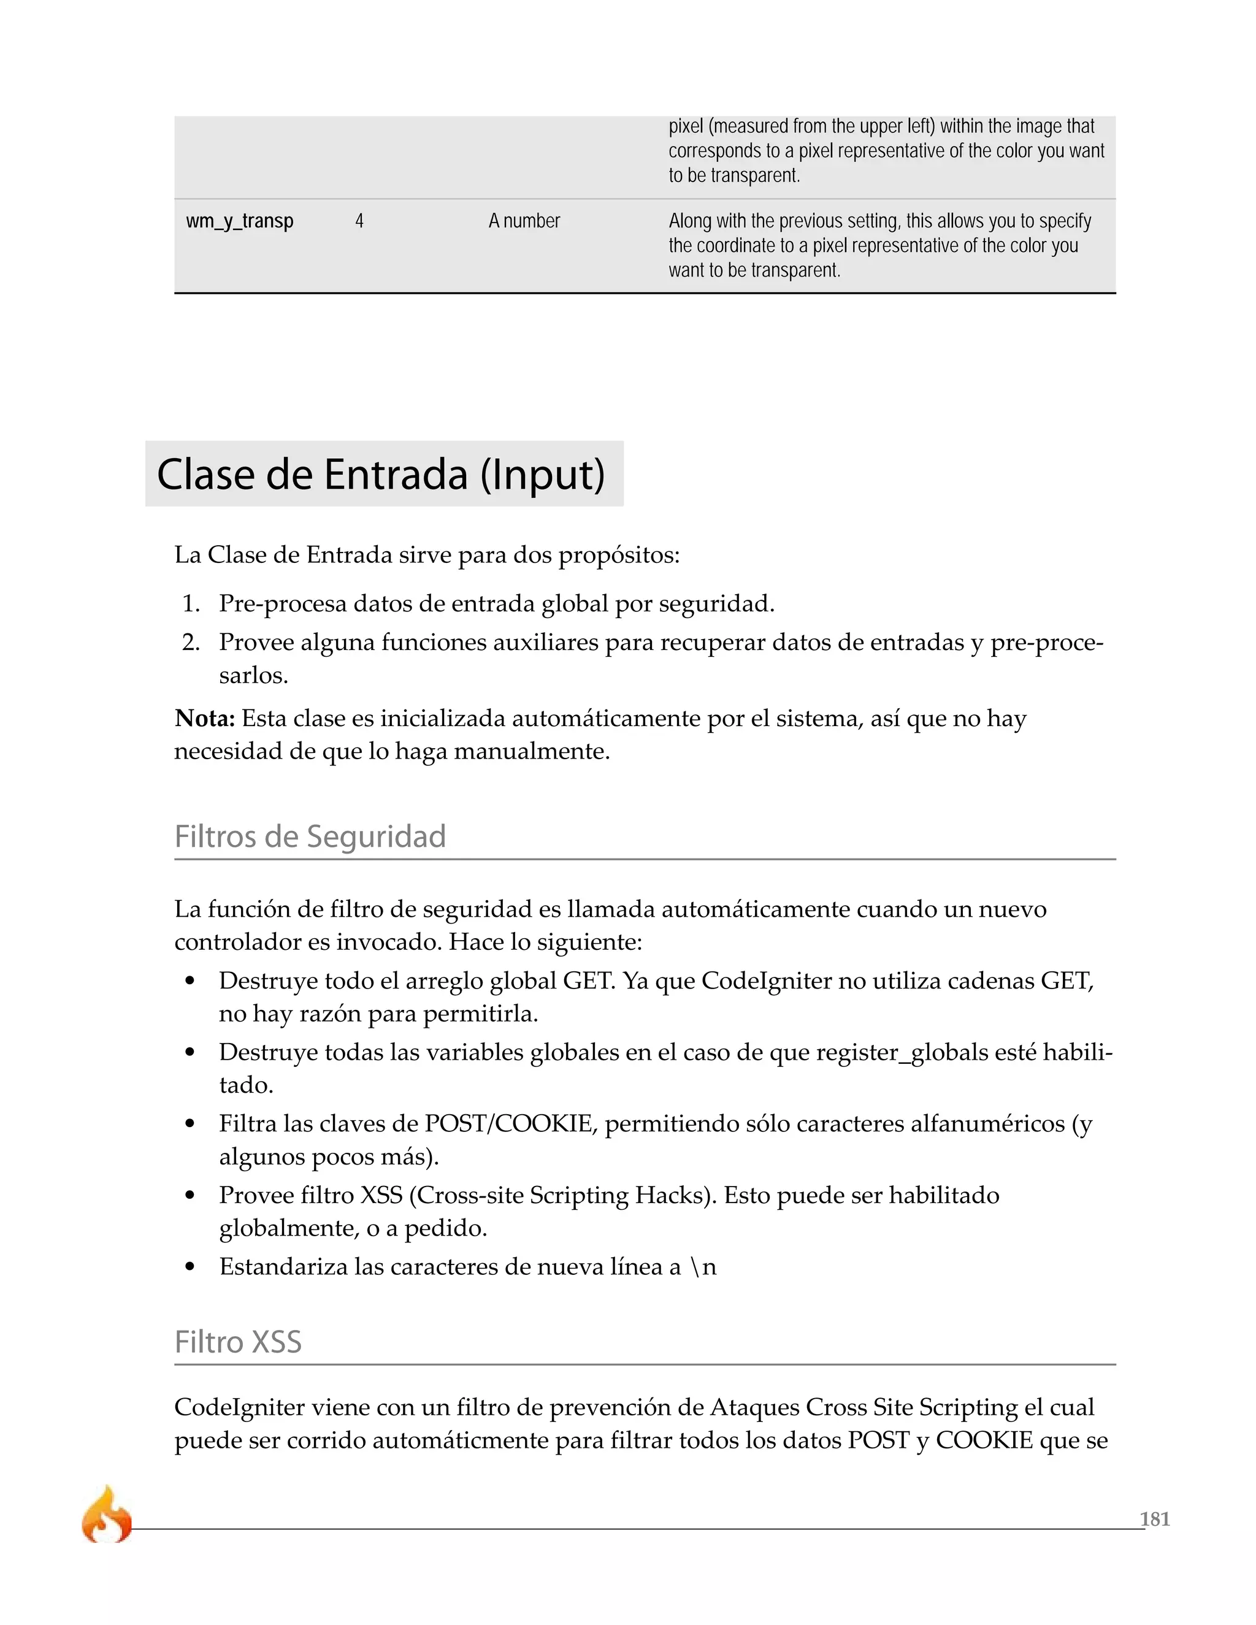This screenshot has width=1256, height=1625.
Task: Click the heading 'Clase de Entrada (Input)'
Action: [381, 474]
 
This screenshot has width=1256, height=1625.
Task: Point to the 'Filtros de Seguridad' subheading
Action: [310, 836]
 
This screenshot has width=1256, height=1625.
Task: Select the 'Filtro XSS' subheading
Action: [238, 1342]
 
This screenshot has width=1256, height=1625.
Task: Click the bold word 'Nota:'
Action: [205, 718]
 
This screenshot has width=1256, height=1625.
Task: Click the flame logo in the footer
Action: [106, 1516]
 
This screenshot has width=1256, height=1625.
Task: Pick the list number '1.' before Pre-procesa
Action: [191, 603]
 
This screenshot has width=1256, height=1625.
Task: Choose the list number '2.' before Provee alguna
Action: [191, 642]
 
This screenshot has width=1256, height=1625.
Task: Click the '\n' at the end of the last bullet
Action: [704, 1266]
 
